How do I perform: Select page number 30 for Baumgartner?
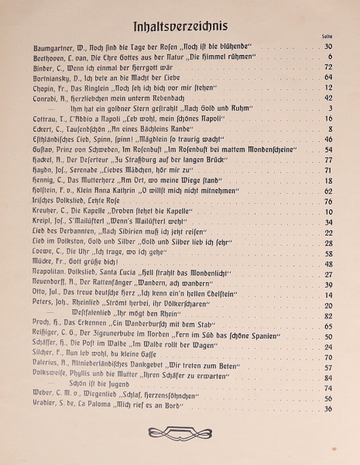coord(328,47)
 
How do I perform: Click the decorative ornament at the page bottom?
coord(180,431)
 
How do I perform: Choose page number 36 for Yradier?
coord(328,409)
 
